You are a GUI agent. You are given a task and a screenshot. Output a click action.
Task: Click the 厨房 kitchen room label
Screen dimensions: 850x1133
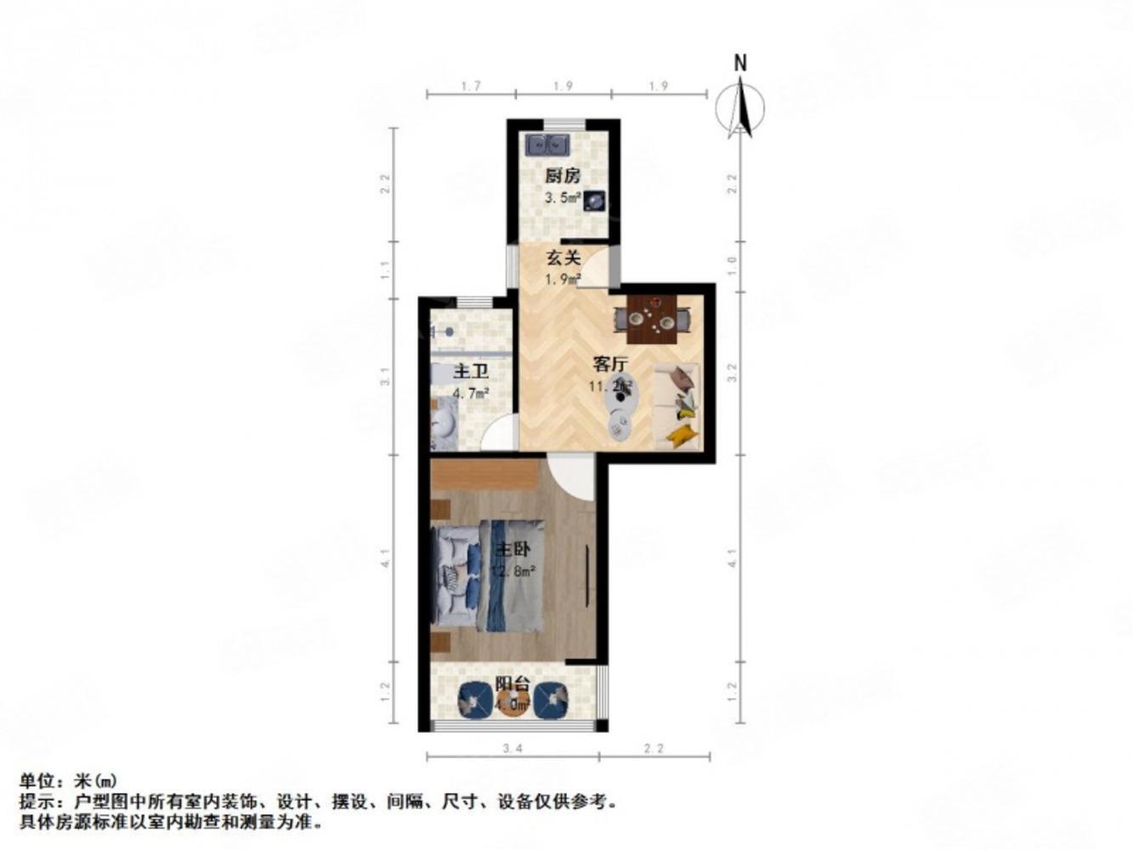click(x=562, y=177)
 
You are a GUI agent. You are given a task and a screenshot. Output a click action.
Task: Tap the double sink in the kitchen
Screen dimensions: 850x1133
click(x=547, y=144)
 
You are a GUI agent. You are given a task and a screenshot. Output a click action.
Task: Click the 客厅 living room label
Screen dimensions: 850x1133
click(x=609, y=365)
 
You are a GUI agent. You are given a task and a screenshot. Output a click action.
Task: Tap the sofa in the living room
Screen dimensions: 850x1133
click(x=677, y=405)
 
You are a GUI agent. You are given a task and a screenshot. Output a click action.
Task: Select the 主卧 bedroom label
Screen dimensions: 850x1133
click(x=513, y=549)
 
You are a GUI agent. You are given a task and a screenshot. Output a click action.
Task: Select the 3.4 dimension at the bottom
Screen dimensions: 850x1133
click(x=512, y=749)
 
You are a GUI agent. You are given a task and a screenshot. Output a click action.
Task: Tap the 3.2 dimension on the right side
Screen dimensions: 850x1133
click(x=733, y=371)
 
